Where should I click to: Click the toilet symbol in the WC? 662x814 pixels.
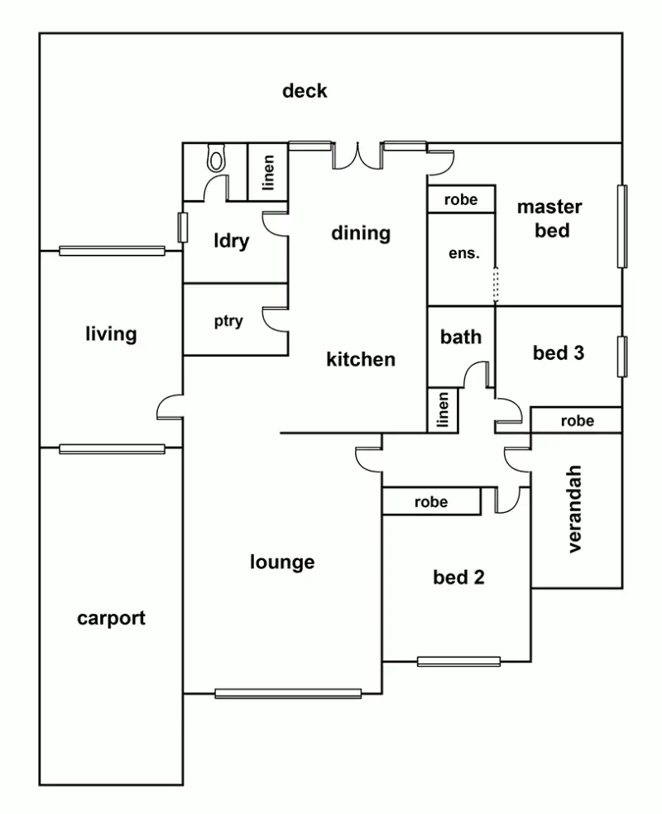click(x=217, y=158)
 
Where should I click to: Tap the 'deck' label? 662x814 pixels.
click(x=305, y=91)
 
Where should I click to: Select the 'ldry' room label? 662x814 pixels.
click(x=231, y=242)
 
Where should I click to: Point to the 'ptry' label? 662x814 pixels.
click(x=228, y=322)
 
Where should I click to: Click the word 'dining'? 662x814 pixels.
click(x=360, y=233)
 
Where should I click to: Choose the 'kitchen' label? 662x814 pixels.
click(x=360, y=360)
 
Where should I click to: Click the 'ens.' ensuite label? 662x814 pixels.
click(x=463, y=254)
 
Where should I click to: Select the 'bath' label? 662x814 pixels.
click(x=460, y=338)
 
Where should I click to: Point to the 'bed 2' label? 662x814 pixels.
click(x=458, y=577)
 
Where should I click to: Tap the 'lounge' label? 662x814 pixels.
click(x=282, y=563)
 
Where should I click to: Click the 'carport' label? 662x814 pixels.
click(x=111, y=618)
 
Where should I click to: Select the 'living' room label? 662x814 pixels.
click(x=111, y=335)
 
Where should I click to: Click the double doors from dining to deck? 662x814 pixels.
click(x=358, y=154)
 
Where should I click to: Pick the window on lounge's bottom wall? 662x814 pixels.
click(x=288, y=693)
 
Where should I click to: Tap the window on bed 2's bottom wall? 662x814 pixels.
click(x=458, y=661)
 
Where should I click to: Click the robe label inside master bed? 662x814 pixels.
click(x=460, y=199)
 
